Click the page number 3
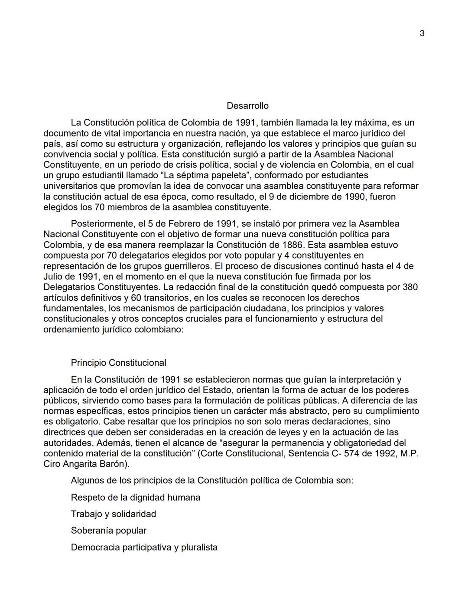click(422, 33)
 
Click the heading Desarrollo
click(247, 106)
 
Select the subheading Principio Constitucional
click(118, 363)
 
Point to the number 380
click(410, 287)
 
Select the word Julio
click(54, 276)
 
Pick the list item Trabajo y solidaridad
click(114, 514)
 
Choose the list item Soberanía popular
click(109, 531)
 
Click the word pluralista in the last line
click(198, 547)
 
